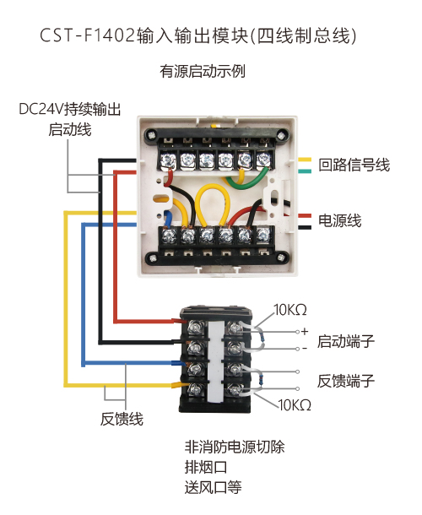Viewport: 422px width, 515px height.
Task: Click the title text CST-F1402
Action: (x=88, y=35)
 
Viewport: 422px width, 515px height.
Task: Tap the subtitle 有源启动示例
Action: (x=203, y=71)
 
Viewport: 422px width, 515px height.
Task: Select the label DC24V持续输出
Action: (x=70, y=110)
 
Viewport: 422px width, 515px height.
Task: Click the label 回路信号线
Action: (x=354, y=165)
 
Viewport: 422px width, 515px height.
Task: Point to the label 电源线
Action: (x=340, y=220)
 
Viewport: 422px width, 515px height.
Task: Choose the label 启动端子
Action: (x=346, y=342)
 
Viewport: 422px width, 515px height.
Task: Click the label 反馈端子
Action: (x=346, y=381)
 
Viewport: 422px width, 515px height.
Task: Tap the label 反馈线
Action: (x=122, y=419)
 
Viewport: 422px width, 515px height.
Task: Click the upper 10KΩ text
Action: (x=290, y=310)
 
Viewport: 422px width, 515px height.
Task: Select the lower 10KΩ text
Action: (x=295, y=405)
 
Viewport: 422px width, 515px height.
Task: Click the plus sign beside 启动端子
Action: (x=305, y=331)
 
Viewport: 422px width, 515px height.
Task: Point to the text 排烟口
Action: (x=206, y=467)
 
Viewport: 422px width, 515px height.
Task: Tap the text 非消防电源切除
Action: (x=235, y=447)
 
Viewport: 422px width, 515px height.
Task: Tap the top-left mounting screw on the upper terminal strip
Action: (x=151, y=135)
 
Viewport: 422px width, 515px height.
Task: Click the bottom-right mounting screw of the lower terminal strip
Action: (x=281, y=257)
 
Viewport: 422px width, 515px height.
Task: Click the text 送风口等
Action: (x=214, y=487)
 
